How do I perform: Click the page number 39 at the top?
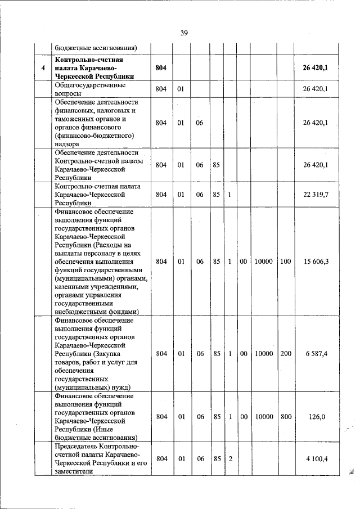183,33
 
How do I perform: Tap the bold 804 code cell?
161,67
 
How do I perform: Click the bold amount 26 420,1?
315,67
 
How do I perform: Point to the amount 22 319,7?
316,195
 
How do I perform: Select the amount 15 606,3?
316,262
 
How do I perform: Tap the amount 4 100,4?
317,459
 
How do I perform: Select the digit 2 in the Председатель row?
230,459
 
